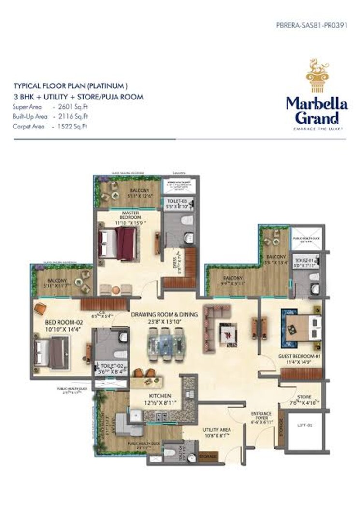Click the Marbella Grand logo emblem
coord(317,77)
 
